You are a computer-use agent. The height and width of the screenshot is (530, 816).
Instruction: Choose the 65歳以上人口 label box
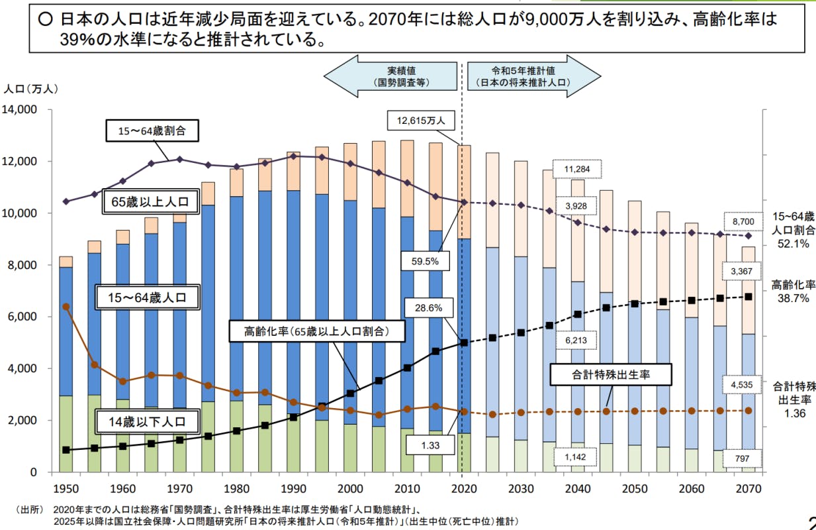pos(150,202)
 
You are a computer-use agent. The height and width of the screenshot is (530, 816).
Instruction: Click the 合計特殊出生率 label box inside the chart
pos(611,374)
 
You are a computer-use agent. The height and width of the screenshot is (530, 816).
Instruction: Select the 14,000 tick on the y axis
pos(23,109)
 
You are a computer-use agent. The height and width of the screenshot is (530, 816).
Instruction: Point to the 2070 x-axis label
pos(748,489)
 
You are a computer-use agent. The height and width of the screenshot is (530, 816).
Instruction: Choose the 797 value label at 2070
pos(742,458)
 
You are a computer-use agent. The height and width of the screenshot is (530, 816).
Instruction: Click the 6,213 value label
pos(576,340)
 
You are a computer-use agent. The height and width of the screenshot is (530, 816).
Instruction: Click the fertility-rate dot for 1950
pos(66,307)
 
